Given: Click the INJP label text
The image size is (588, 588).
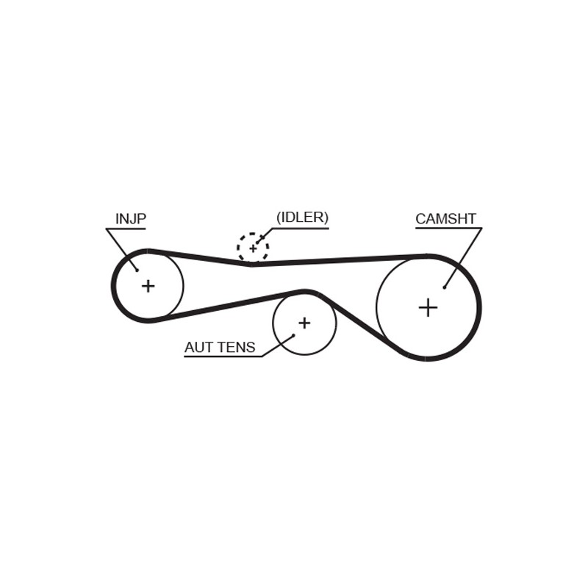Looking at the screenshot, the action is point(131,218).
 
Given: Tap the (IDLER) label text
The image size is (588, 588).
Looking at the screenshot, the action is point(302,218).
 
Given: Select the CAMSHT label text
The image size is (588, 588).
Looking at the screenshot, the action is point(446,218).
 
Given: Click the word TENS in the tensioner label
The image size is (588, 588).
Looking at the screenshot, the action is point(237,347).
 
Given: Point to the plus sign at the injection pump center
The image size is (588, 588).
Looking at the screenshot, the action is point(148,286).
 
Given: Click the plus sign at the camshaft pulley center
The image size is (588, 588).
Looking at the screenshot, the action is point(428,308).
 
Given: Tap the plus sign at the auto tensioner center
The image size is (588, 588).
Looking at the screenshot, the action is point(304,323).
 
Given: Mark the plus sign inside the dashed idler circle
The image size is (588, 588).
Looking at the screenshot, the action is point(253,248).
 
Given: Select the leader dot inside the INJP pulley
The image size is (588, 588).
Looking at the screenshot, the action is point(137,270).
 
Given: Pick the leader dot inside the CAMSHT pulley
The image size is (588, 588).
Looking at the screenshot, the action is point(445,287).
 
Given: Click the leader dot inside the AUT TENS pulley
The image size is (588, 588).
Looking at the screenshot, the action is point(293,335).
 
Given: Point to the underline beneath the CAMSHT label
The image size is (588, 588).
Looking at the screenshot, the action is point(448,228).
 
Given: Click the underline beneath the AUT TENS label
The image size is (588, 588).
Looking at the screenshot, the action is point(223,356).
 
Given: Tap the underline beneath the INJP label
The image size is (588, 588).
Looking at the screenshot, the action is point(126,229).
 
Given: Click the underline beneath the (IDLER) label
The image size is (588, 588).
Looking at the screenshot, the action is point(300,228).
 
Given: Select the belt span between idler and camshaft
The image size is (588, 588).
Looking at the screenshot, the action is point(340,260).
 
